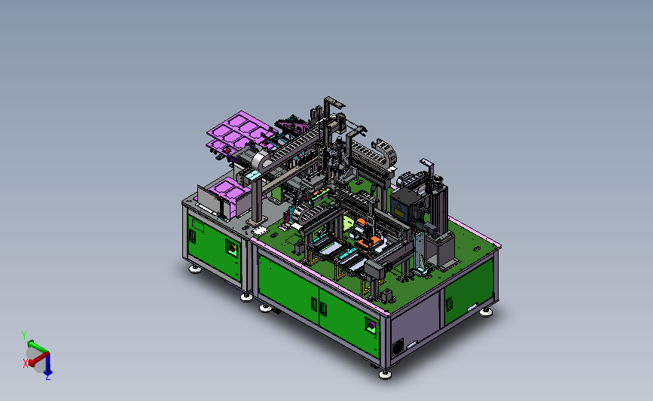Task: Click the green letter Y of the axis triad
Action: [x=24, y=335]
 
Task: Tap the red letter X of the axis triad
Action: [x=26, y=363]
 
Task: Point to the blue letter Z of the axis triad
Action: [x=48, y=377]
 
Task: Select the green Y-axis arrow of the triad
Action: [x=37, y=346]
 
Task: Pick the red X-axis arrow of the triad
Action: [x=38, y=359]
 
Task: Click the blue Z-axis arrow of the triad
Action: [x=48, y=363]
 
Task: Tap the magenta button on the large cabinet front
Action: [x=371, y=326]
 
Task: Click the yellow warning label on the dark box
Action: [x=399, y=211]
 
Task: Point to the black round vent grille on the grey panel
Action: [x=398, y=346]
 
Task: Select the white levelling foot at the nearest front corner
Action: [x=385, y=375]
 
